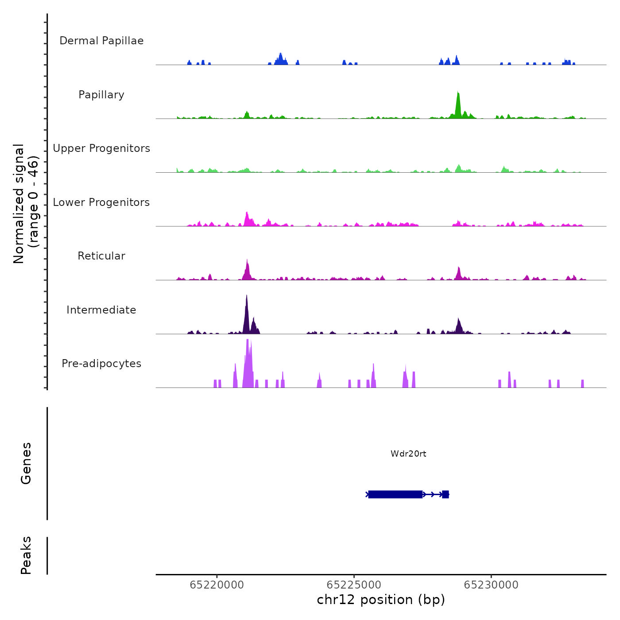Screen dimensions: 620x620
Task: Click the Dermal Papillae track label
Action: click(101, 41)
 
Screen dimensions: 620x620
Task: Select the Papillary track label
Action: click(101, 95)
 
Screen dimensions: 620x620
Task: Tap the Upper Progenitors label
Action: click(101, 148)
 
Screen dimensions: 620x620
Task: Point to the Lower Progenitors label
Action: click(101, 202)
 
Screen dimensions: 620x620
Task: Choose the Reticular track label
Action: click(101, 256)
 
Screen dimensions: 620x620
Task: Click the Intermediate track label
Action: click(101, 310)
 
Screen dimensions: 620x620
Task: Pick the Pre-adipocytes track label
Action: click(101, 364)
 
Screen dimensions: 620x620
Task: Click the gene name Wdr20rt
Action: click(408, 453)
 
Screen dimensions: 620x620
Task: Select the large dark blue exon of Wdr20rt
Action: click(395, 494)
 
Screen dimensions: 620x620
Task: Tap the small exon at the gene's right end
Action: click(446, 494)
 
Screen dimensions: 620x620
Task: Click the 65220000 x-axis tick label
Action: click(217, 585)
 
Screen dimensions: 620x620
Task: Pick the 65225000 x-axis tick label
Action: click(354, 585)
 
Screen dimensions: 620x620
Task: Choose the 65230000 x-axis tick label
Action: click(491, 585)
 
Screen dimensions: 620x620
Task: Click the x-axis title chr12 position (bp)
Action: click(381, 600)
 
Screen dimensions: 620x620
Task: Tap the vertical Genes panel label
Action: click(26, 463)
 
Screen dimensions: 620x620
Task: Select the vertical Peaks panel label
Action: click(26, 555)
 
